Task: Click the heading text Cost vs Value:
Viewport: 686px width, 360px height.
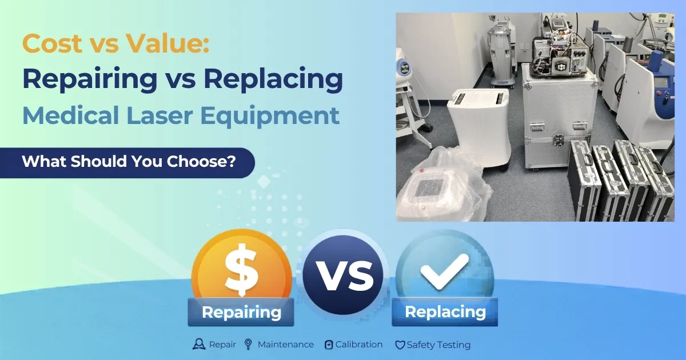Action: coord(115,43)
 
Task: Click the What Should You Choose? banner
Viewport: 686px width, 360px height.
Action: coord(129,162)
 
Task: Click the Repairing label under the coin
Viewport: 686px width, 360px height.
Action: coord(241,313)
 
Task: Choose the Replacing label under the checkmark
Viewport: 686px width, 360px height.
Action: coord(445,312)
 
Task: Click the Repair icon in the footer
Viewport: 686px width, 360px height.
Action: coord(199,345)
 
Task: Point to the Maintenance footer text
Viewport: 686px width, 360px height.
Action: coord(285,345)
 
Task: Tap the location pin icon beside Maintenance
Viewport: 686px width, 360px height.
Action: coord(248,345)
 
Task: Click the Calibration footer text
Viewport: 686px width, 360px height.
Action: coord(358,345)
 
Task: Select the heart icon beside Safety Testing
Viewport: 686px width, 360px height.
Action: coord(400,345)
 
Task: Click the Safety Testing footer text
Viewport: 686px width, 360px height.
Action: coord(438,345)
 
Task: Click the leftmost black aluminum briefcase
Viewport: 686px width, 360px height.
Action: coord(583,180)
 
